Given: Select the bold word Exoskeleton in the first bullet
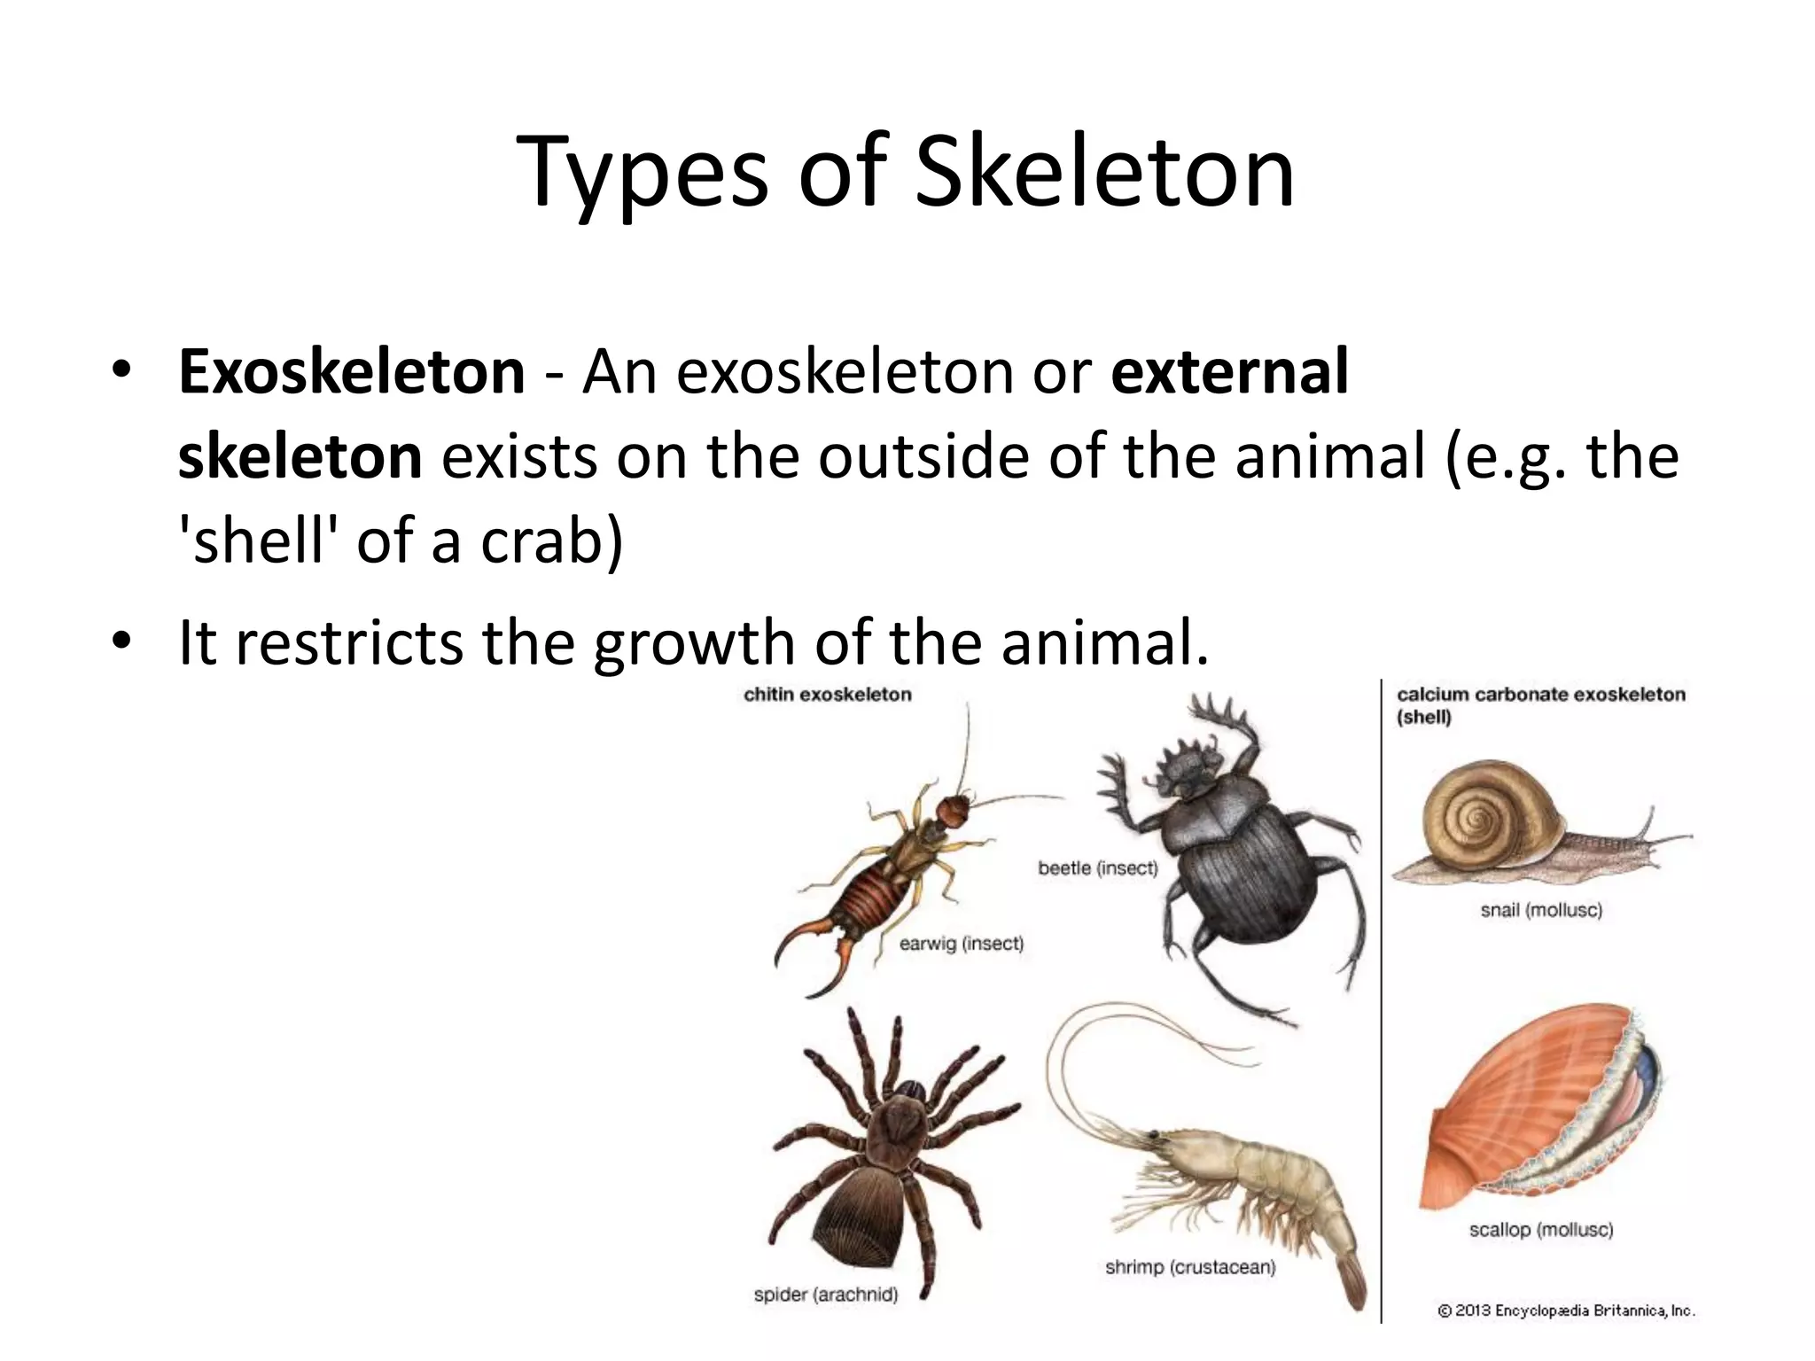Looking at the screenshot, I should tap(352, 373).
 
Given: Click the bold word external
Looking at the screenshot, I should tap(1229, 373).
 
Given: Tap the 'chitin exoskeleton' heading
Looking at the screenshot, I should tap(827, 695).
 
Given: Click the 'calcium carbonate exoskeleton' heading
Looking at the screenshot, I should tap(1540, 695).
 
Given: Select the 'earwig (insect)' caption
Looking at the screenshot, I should tap(961, 944).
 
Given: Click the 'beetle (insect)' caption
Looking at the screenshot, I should tap(1098, 868).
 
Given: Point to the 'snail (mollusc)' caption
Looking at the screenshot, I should tap(1541, 910).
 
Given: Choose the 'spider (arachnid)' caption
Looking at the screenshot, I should tap(825, 1295).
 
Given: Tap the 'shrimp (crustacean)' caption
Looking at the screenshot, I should tap(1189, 1267).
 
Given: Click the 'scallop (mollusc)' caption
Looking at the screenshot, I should tap(1540, 1230).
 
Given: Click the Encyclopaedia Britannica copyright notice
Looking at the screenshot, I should tap(1566, 1310).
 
